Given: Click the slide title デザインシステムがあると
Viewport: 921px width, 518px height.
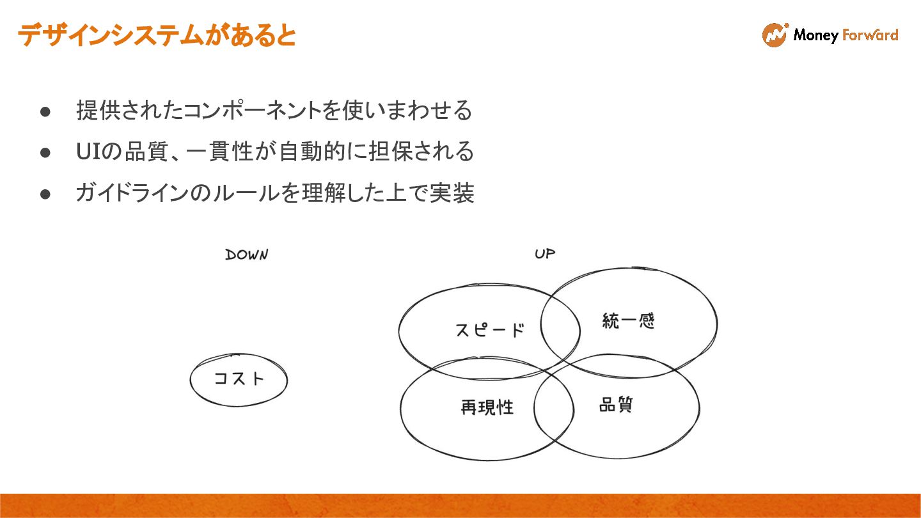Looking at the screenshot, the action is pyautogui.click(x=157, y=35).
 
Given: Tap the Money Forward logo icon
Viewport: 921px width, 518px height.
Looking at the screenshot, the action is pyautogui.click(x=775, y=35).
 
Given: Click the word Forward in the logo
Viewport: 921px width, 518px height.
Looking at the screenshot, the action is pyautogui.click(x=870, y=35).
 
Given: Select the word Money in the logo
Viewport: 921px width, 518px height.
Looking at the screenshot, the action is pyautogui.click(x=815, y=35).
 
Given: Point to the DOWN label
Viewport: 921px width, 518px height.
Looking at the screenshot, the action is pyautogui.click(x=246, y=255).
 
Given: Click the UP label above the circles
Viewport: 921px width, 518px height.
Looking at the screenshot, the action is pyautogui.click(x=545, y=254).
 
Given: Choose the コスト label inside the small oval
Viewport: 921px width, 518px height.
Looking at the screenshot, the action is pyautogui.click(x=239, y=379).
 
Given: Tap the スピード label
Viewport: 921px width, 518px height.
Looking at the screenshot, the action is pyautogui.click(x=489, y=331).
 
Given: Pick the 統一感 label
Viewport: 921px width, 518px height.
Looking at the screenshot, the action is pyautogui.click(x=628, y=320).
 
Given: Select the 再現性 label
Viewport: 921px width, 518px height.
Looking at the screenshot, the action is pyautogui.click(x=487, y=407).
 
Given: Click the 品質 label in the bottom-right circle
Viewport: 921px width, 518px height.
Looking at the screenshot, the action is pyautogui.click(x=616, y=405).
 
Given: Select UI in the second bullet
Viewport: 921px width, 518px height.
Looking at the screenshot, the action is pyautogui.click(x=86, y=152).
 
